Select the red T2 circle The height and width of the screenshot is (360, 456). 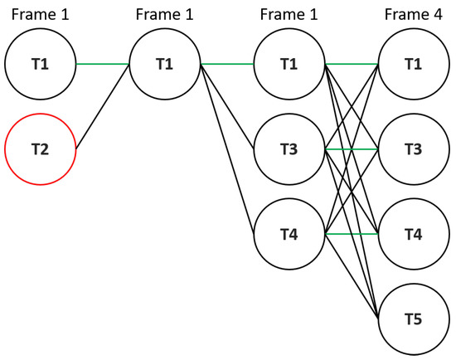tap(40, 150)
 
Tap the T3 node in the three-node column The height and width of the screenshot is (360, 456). tap(289, 150)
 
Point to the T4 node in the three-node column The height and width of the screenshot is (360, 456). tap(289, 235)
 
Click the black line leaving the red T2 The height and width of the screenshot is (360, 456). tap(102, 108)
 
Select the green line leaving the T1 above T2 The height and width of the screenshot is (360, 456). tap(102, 65)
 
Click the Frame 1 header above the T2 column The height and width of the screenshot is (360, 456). tap(40, 15)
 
